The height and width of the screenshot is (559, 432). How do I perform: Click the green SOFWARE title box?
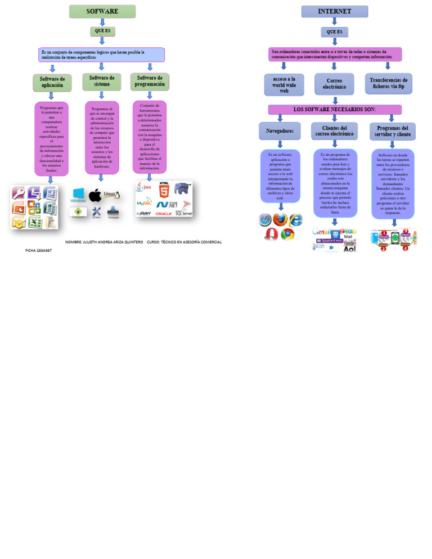102,11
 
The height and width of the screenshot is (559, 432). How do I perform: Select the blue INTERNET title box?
335,11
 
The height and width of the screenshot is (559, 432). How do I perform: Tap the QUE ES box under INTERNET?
335,32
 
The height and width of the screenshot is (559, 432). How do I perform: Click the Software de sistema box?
102,82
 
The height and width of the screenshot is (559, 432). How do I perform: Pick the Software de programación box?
150,82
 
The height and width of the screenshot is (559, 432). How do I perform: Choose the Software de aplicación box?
52,83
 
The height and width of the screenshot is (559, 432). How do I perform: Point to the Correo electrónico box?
334,84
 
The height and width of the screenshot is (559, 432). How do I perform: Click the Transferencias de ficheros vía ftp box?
388,84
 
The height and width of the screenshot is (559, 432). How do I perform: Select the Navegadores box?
280,131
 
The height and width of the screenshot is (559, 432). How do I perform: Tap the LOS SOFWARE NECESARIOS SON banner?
335,109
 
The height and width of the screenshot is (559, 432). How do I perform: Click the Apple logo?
95,195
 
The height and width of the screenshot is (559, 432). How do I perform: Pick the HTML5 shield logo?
164,188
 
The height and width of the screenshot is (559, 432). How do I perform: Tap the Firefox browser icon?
280,220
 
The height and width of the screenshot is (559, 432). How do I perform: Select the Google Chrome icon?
287,233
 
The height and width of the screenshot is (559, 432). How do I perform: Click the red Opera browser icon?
271,234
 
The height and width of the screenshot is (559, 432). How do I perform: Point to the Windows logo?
78,195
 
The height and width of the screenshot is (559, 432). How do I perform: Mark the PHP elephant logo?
182,188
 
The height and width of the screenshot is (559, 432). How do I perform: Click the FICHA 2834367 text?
38,250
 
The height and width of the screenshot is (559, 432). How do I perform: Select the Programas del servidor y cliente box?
393,132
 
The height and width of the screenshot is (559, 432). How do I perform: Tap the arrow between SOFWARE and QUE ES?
102,22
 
